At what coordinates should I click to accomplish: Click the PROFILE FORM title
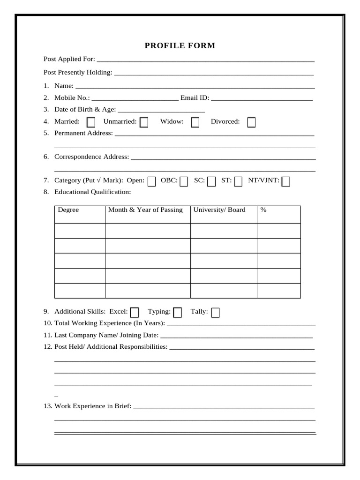point(180,46)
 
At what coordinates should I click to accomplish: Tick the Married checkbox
point(91,122)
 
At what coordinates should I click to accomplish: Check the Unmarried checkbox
point(144,122)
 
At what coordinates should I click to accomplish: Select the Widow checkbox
point(195,122)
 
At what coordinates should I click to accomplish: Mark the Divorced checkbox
point(251,122)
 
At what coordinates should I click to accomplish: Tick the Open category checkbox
point(151,181)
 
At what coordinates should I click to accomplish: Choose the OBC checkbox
point(184,181)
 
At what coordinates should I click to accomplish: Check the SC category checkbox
point(211,181)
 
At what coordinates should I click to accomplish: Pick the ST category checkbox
point(238,181)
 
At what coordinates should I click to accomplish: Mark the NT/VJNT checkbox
point(285,181)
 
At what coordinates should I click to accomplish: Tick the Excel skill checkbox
point(135,312)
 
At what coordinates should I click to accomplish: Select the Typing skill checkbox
point(177,312)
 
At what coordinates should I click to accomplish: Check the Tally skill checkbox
point(215,312)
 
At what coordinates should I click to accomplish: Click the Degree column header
point(68,210)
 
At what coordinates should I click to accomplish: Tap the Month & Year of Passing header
point(145,210)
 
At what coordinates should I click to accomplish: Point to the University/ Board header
point(219,210)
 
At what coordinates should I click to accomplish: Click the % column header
point(263,210)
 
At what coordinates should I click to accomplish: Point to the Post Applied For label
point(69,59)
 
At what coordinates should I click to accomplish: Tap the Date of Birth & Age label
point(85,110)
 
